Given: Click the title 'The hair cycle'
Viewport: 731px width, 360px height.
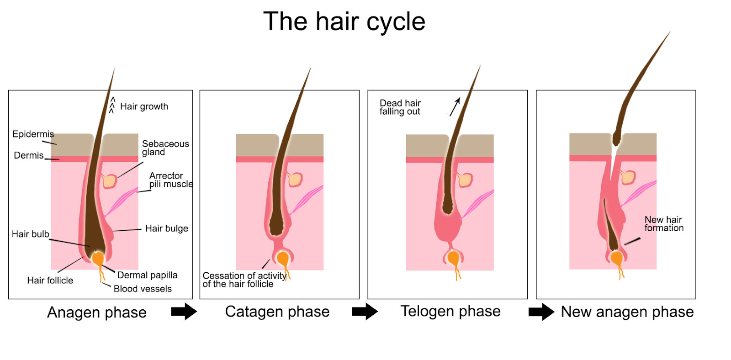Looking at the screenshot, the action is tap(344, 21).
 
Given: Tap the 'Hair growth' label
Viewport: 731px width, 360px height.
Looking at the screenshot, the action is tap(144, 106).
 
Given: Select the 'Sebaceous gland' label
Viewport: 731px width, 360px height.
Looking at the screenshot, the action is tap(165, 148).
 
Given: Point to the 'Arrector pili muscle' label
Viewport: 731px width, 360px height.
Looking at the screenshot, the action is tap(171, 180).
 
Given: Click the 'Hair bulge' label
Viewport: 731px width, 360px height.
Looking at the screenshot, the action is tap(167, 228).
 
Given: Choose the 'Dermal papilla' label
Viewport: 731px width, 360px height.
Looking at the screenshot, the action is tap(147, 275).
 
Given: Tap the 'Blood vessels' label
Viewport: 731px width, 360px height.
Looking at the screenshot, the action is tap(143, 289).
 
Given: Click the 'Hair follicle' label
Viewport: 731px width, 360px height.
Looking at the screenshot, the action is tap(50, 281).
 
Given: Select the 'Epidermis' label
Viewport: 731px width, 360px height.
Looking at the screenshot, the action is tap(33, 134).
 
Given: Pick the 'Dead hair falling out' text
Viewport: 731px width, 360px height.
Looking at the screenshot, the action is tap(400, 107).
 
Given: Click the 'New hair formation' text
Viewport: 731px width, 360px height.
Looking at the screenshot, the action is tap(664, 223).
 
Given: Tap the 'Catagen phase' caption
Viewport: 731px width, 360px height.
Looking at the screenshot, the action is tap(277, 312).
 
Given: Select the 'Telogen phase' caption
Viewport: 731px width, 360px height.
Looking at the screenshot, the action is tap(450, 311).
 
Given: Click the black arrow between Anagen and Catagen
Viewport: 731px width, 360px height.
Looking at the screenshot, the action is tap(184, 312).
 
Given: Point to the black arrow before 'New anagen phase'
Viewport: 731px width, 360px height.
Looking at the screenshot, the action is tap(541, 312).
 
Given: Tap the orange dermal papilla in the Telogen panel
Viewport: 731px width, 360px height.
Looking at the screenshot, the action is tap(453, 258).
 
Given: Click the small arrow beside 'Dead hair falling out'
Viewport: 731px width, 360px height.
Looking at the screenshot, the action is tap(455, 107).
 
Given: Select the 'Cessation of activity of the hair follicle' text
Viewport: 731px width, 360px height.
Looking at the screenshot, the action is tap(244, 280).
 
